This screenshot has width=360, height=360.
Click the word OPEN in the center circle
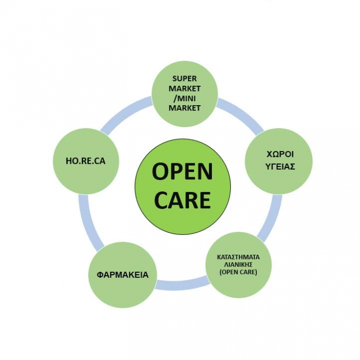pos(182,172)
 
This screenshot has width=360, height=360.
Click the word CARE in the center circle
pos(182,200)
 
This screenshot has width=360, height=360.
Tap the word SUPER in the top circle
pos(184,79)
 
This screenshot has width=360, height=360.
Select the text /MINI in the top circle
pos(184,99)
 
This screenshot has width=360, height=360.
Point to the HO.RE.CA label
pos(86,161)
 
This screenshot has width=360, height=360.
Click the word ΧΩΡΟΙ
pos(280,155)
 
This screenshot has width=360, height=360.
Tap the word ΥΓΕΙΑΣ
pos(280,166)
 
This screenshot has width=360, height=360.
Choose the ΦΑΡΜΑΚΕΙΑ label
pos(123,275)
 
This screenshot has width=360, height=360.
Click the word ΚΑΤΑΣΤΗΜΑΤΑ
pos(238,257)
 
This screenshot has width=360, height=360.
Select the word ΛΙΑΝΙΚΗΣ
pos(238,265)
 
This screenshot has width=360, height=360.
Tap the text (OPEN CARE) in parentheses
pos(238,272)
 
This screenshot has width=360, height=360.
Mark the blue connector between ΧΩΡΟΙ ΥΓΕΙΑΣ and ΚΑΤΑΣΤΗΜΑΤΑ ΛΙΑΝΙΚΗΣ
pos(271,218)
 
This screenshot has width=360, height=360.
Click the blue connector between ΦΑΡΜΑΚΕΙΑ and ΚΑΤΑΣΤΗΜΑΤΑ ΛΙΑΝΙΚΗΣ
pos(182,283)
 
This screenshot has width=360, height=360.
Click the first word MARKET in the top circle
pos(184,89)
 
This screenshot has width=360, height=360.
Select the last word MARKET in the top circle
pos(184,108)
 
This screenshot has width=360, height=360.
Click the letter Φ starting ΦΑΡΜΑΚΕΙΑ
pos(100,275)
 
